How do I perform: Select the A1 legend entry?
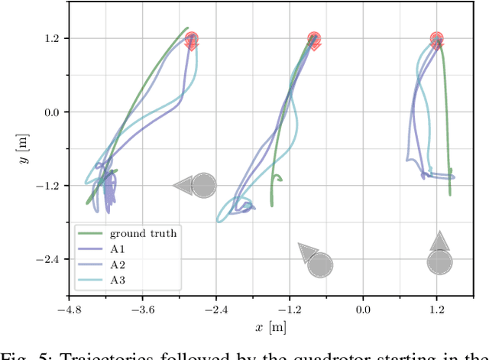pos(119,249)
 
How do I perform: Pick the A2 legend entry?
pos(119,264)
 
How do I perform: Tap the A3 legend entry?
pos(119,281)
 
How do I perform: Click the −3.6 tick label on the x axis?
pos(142,310)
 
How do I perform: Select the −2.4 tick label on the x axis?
pos(215,310)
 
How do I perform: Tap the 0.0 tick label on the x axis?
pos(363,310)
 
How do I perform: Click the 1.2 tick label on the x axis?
pos(436,310)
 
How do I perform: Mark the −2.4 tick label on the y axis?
pos(50,259)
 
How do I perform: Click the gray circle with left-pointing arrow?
pos(203,185)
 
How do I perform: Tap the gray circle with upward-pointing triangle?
pos(439,262)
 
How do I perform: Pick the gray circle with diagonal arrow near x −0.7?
pos(319,264)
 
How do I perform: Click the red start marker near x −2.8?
pos(192,40)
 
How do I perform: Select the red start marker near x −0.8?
pos(314,40)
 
